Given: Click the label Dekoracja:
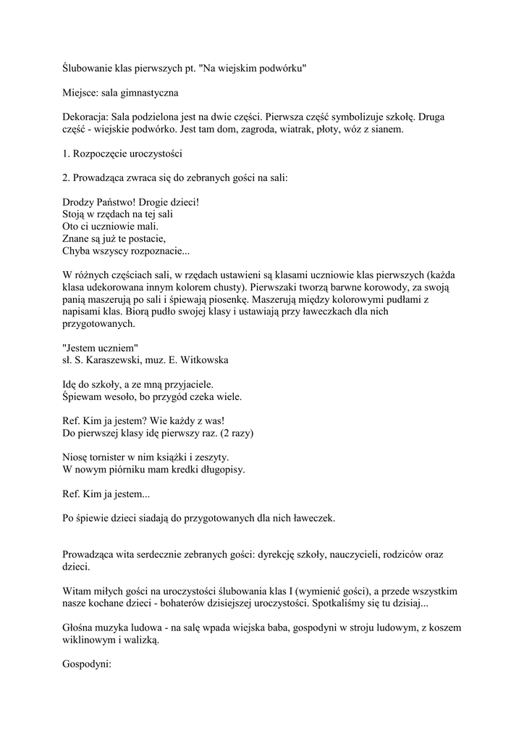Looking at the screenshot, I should tap(85, 116).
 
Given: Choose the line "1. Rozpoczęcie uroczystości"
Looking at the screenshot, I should tap(123, 154).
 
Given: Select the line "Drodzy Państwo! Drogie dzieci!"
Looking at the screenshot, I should tap(130, 202).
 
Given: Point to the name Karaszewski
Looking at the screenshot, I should tap(117, 359).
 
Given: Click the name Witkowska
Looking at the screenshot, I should tap(204, 359).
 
